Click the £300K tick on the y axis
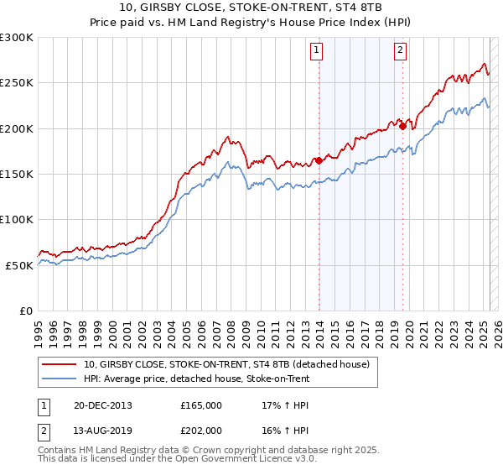pyautogui.click(x=17, y=38)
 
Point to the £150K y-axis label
pyautogui.click(x=17, y=174)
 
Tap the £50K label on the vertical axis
pyautogui.click(x=20, y=264)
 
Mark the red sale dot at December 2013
pyautogui.click(x=319, y=160)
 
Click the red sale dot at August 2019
pyautogui.click(x=402, y=127)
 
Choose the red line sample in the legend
pyautogui.click(x=60, y=364)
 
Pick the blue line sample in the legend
pyautogui.click(x=60, y=379)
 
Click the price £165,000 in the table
pyautogui.click(x=201, y=405)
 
